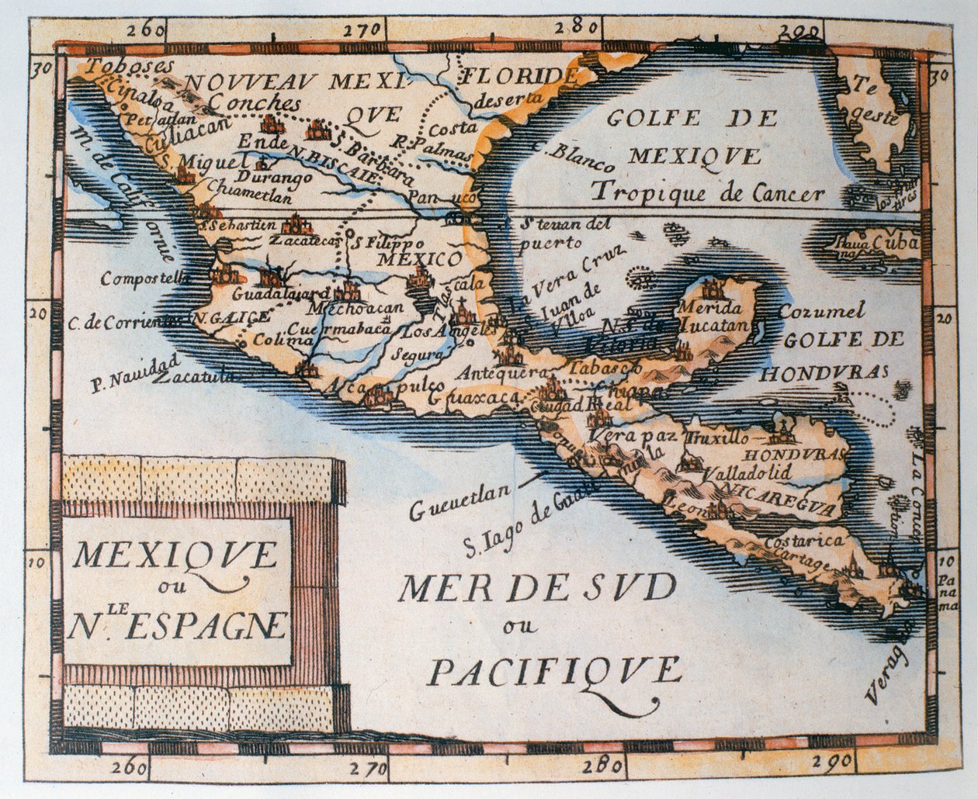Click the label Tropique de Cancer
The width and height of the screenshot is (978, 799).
706,192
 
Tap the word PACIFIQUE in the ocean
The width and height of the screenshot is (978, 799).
554,669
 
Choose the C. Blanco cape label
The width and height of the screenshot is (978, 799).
574,157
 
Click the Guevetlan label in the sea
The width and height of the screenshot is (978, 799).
460,500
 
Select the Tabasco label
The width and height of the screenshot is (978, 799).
605,367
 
